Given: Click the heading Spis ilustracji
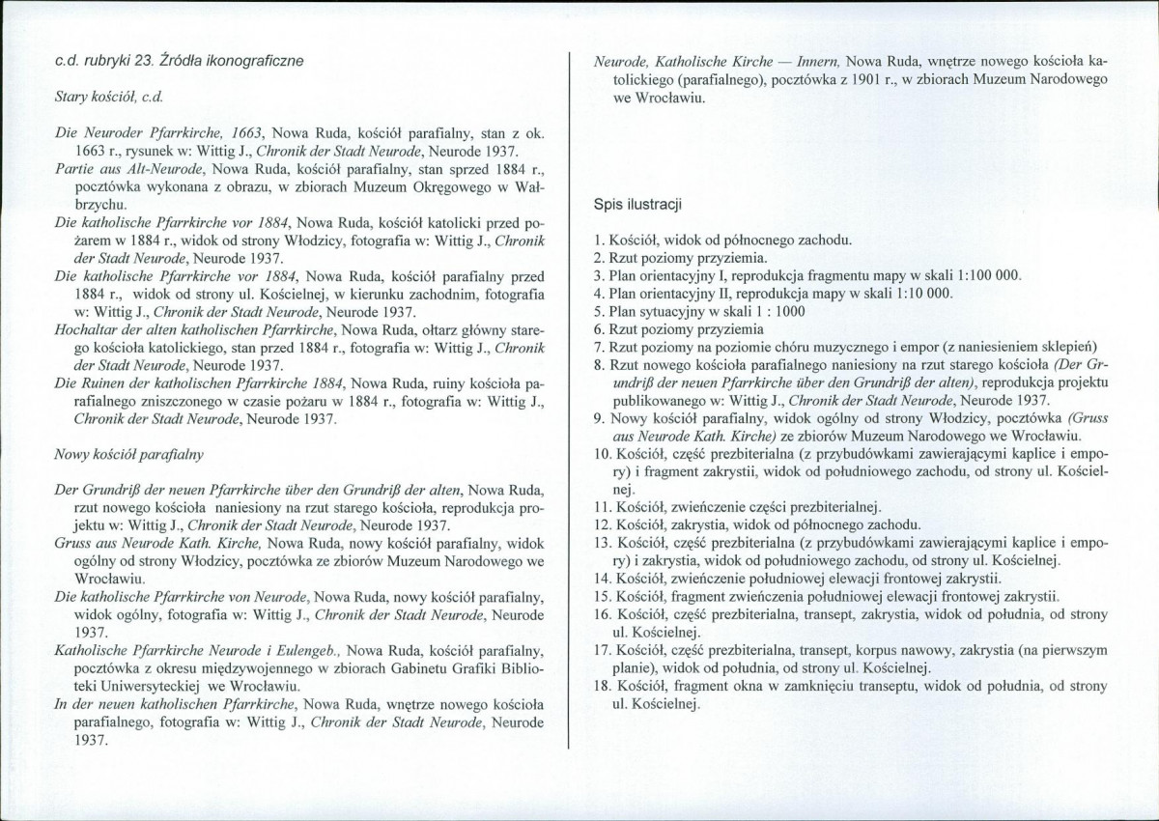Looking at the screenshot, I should (x=638, y=205).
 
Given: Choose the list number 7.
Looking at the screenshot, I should (x=599, y=347).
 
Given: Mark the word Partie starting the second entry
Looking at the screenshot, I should (x=75, y=168).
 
